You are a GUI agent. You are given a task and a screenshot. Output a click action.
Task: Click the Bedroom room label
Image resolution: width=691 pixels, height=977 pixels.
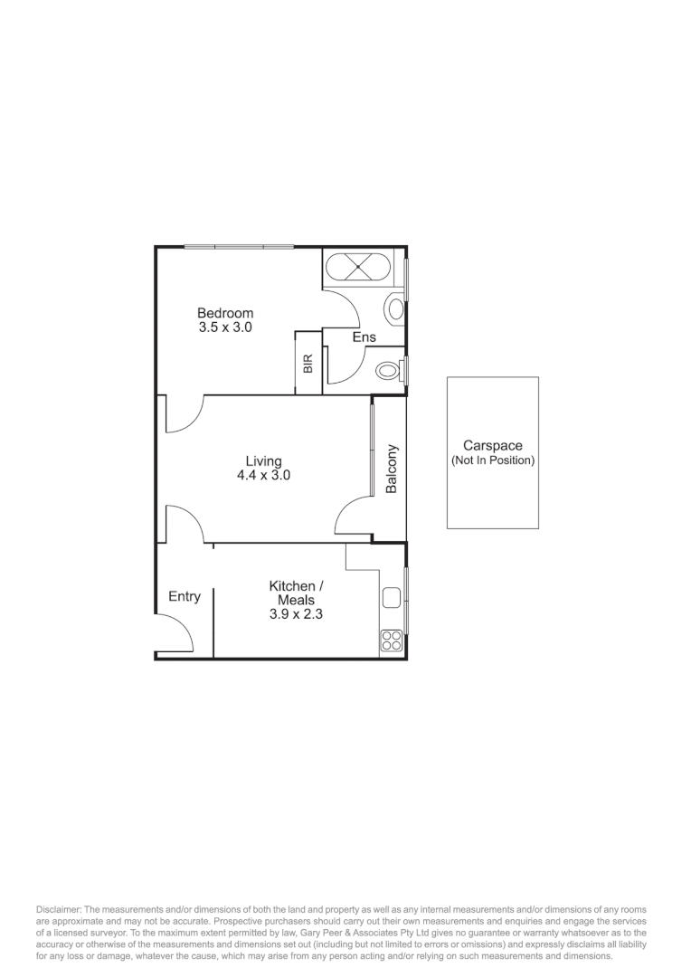[225, 313]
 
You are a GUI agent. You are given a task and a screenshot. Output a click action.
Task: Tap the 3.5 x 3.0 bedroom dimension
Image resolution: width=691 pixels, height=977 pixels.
[225, 327]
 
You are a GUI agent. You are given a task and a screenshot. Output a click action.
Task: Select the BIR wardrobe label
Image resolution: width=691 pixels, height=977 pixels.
[308, 364]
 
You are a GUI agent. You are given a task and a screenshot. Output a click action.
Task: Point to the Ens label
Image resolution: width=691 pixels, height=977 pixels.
[364, 337]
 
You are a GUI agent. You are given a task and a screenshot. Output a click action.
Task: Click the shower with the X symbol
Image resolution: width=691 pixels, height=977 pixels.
[358, 268]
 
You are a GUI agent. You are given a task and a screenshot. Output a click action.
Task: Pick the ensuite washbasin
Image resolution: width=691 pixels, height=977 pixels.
[395, 308]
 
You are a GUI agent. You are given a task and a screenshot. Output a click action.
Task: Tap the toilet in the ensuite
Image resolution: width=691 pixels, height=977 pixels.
[388, 370]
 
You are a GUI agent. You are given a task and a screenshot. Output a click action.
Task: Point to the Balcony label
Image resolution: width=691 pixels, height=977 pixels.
[391, 469]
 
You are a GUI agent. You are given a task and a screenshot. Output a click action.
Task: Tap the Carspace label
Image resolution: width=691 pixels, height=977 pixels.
[492, 445]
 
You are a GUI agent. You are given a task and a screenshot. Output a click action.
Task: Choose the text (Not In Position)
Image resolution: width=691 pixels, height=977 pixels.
[492, 460]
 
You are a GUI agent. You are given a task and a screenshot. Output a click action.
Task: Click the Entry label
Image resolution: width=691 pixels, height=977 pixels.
[185, 596]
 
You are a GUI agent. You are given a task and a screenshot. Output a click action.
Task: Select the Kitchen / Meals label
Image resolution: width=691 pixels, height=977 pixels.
[296, 593]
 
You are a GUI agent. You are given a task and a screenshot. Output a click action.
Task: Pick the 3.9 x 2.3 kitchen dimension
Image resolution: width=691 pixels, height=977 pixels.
[296, 613]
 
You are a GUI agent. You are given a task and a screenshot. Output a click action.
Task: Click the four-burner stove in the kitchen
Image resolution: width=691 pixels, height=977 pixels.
[392, 640]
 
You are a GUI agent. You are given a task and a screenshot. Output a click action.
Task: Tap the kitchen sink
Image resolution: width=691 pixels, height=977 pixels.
[392, 597]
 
